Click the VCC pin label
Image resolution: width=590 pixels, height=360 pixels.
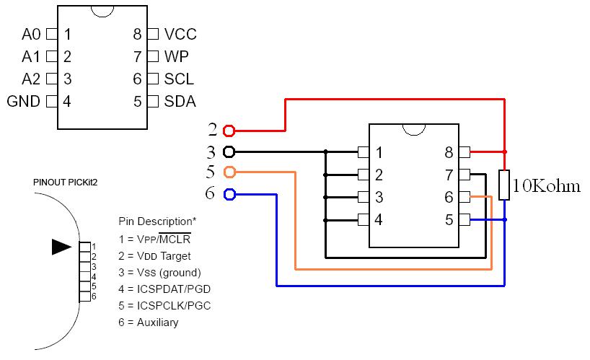[x=180, y=34]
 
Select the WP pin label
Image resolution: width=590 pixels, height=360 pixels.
[x=176, y=56]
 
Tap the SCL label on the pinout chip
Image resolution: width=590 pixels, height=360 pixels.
[x=179, y=79]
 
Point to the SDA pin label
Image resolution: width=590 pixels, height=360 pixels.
[x=180, y=102]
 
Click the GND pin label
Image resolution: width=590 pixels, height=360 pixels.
[x=23, y=102]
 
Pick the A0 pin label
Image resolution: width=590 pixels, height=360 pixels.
[x=31, y=34]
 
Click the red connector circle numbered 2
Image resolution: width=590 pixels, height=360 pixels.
[x=229, y=131]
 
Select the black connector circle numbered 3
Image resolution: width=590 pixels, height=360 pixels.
[x=229, y=152]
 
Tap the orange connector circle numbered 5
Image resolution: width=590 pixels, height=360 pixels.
[x=229, y=172]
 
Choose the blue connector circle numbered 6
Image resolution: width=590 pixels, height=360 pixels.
[x=229, y=195]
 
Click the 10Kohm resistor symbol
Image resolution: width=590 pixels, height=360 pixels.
[x=504, y=185]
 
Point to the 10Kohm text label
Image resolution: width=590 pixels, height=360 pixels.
[x=546, y=186]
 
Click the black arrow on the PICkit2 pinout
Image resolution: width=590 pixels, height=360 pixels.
[x=62, y=247]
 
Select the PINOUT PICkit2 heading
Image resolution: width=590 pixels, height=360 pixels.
[x=66, y=183]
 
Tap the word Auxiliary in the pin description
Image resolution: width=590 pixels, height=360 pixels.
[x=158, y=322]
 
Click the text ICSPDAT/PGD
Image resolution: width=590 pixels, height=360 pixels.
[x=174, y=289]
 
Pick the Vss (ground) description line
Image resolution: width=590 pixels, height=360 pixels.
[x=159, y=273]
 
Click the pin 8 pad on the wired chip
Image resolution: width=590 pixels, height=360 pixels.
[x=464, y=152]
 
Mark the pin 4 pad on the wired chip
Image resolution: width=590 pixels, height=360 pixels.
[x=364, y=220]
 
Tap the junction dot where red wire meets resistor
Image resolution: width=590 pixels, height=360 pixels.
[x=505, y=152]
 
